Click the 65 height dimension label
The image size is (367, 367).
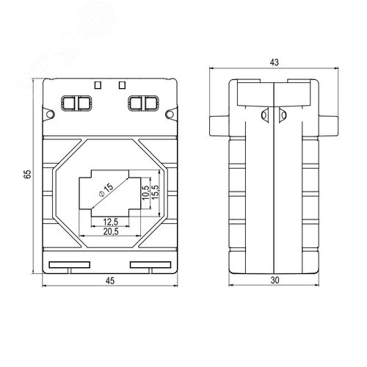[28, 174]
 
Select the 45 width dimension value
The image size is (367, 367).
[110, 280]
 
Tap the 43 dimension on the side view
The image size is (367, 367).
[274, 62]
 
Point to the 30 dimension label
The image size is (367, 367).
[275, 280]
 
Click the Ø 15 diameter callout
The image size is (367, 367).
[106, 190]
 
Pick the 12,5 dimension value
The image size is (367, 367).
[111, 222]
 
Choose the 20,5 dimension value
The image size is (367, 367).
[111, 231]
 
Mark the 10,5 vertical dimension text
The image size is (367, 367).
[146, 193]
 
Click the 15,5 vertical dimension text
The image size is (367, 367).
[155, 192]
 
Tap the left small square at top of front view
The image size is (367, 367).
[98, 85]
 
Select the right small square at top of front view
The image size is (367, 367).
[122, 85]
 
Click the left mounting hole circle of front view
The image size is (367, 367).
[50, 114]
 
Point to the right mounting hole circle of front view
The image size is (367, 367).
[170, 114]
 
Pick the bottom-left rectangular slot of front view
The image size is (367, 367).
[70, 265]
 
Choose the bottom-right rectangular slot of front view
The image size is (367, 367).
[150, 265]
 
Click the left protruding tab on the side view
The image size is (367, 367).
[219, 126]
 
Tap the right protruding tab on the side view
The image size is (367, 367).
[329, 126]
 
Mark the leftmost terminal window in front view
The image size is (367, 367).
[69, 103]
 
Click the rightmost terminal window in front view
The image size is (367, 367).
[150, 103]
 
